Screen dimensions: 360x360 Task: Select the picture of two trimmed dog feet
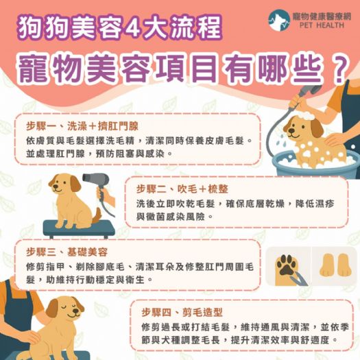pos(334,265)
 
